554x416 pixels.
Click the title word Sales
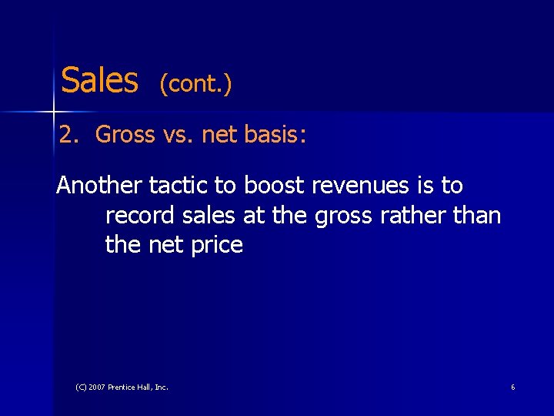coord(99,79)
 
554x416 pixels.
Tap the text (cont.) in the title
coord(195,83)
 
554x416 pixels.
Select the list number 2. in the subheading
coord(70,136)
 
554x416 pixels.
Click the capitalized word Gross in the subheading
coord(125,136)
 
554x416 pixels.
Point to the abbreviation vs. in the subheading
coord(179,136)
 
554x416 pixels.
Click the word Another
coord(98,186)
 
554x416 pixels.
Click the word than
coord(478,216)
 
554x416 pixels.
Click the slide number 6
coord(512,387)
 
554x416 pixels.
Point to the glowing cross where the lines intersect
coord(54,112)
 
